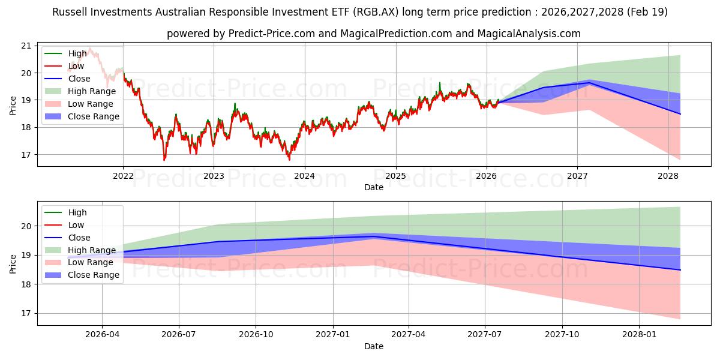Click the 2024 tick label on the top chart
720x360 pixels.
point(304,176)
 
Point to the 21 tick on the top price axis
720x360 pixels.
point(26,46)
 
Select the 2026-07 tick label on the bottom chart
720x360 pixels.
point(179,335)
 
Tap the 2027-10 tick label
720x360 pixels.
point(562,335)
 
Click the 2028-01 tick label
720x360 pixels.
point(639,335)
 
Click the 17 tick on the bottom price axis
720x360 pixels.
point(26,313)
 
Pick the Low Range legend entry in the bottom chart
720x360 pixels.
point(79,262)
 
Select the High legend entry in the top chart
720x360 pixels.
point(65,53)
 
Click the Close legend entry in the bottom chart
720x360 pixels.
point(67,238)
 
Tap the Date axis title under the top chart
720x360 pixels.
point(373,187)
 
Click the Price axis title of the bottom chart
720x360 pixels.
point(13,264)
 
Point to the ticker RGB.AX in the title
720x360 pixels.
point(376,12)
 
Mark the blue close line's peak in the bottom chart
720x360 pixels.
point(373,236)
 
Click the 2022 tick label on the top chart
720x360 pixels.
point(123,176)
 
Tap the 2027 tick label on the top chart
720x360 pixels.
point(577,176)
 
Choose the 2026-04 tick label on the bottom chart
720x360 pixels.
point(102,335)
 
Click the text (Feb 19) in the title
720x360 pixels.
point(647,12)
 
